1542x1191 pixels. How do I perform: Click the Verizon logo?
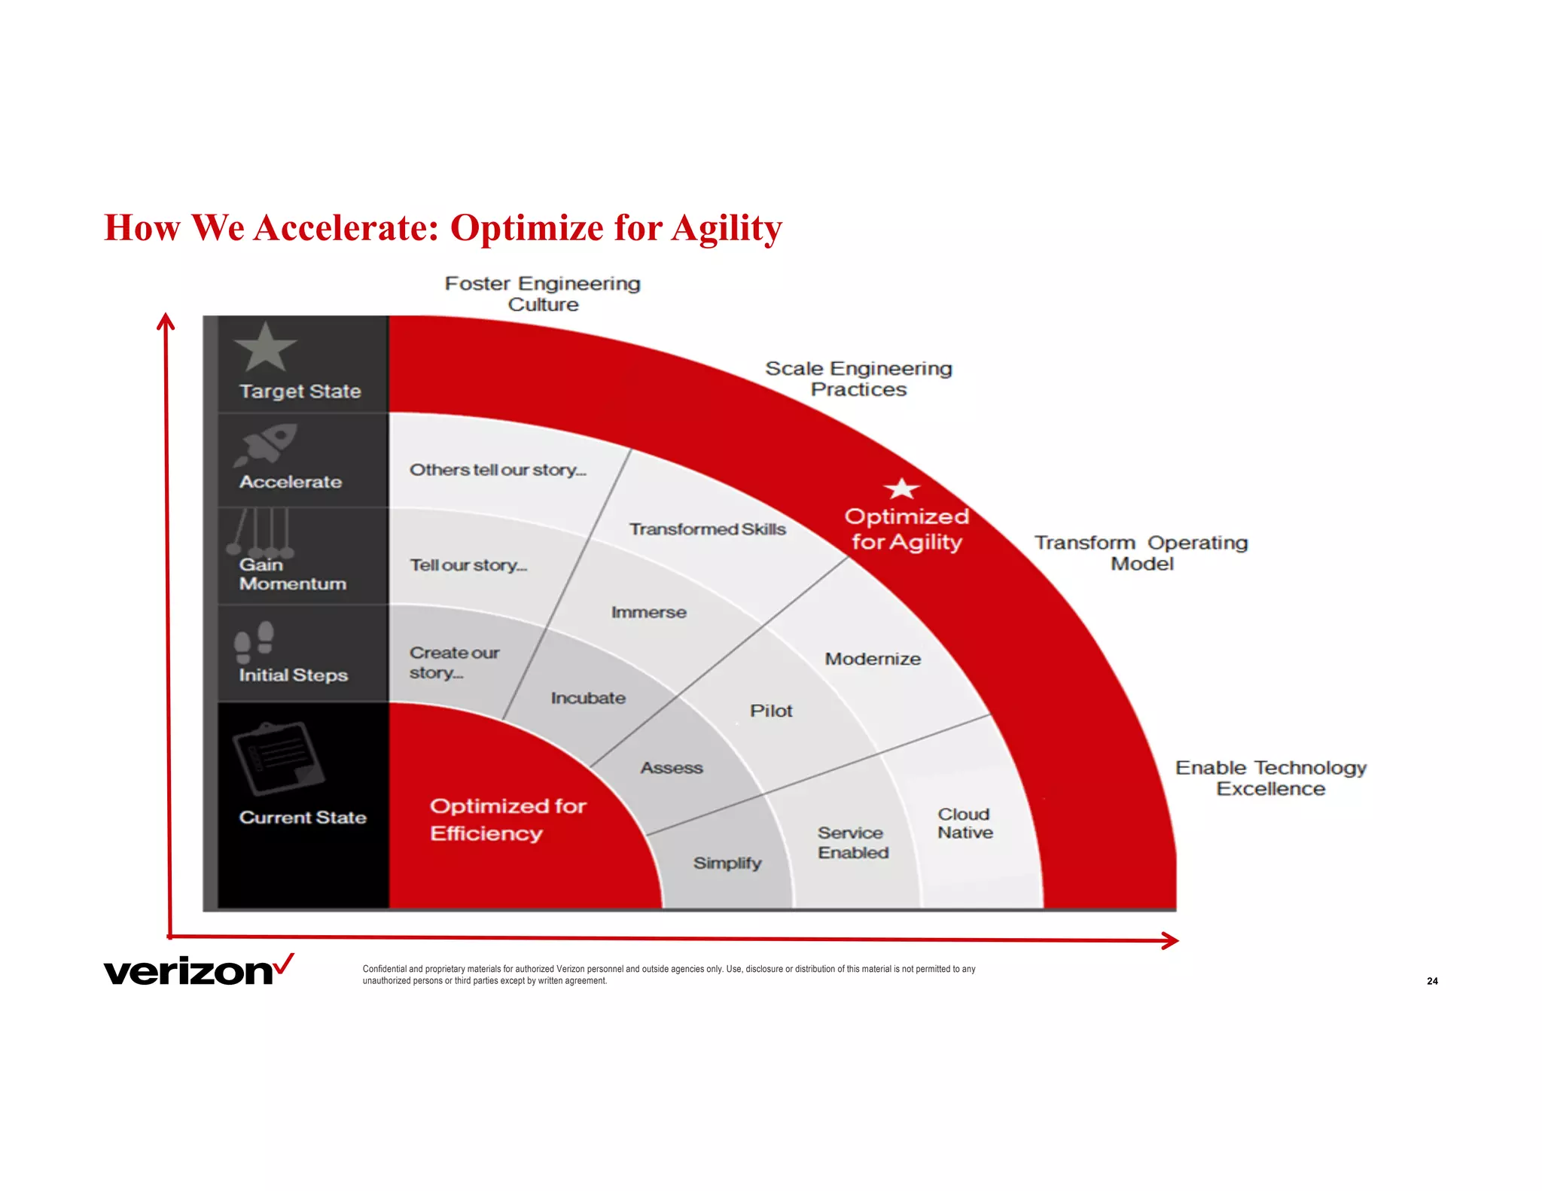pyautogui.click(x=198, y=970)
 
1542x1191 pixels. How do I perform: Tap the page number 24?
pyautogui.click(x=1431, y=981)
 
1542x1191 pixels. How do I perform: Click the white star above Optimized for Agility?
pyautogui.click(x=901, y=489)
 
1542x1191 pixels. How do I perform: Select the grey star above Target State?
pyautogui.click(x=265, y=348)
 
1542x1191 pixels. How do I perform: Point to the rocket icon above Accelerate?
pyautogui.click(x=266, y=444)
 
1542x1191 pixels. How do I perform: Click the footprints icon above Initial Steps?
pyautogui.click(x=254, y=641)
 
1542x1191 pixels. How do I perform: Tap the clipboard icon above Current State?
pyautogui.click(x=278, y=758)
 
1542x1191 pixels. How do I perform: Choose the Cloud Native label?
pyautogui.click(x=965, y=824)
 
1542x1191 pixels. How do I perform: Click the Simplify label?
pyautogui.click(x=727, y=863)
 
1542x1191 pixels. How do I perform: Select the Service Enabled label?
pyautogui.click(x=852, y=842)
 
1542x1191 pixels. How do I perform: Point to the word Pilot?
pyautogui.click(x=771, y=711)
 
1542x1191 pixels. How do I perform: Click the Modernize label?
pyautogui.click(x=873, y=659)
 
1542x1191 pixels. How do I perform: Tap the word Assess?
pyautogui.click(x=672, y=768)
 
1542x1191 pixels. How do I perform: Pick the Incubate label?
pyautogui.click(x=588, y=698)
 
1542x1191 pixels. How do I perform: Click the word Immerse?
pyautogui.click(x=648, y=612)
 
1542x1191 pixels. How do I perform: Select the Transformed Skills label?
pyautogui.click(x=707, y=529)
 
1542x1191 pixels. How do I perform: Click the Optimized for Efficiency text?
pyautogui.click(x=507, y=820)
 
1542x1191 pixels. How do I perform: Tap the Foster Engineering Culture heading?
pyautogui.click(x=542, y=294)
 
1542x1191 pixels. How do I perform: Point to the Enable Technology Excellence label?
pyautogui.click(x=1270, y=778)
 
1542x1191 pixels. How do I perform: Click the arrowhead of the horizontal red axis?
pyautogui.click(x=1171, y=940)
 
